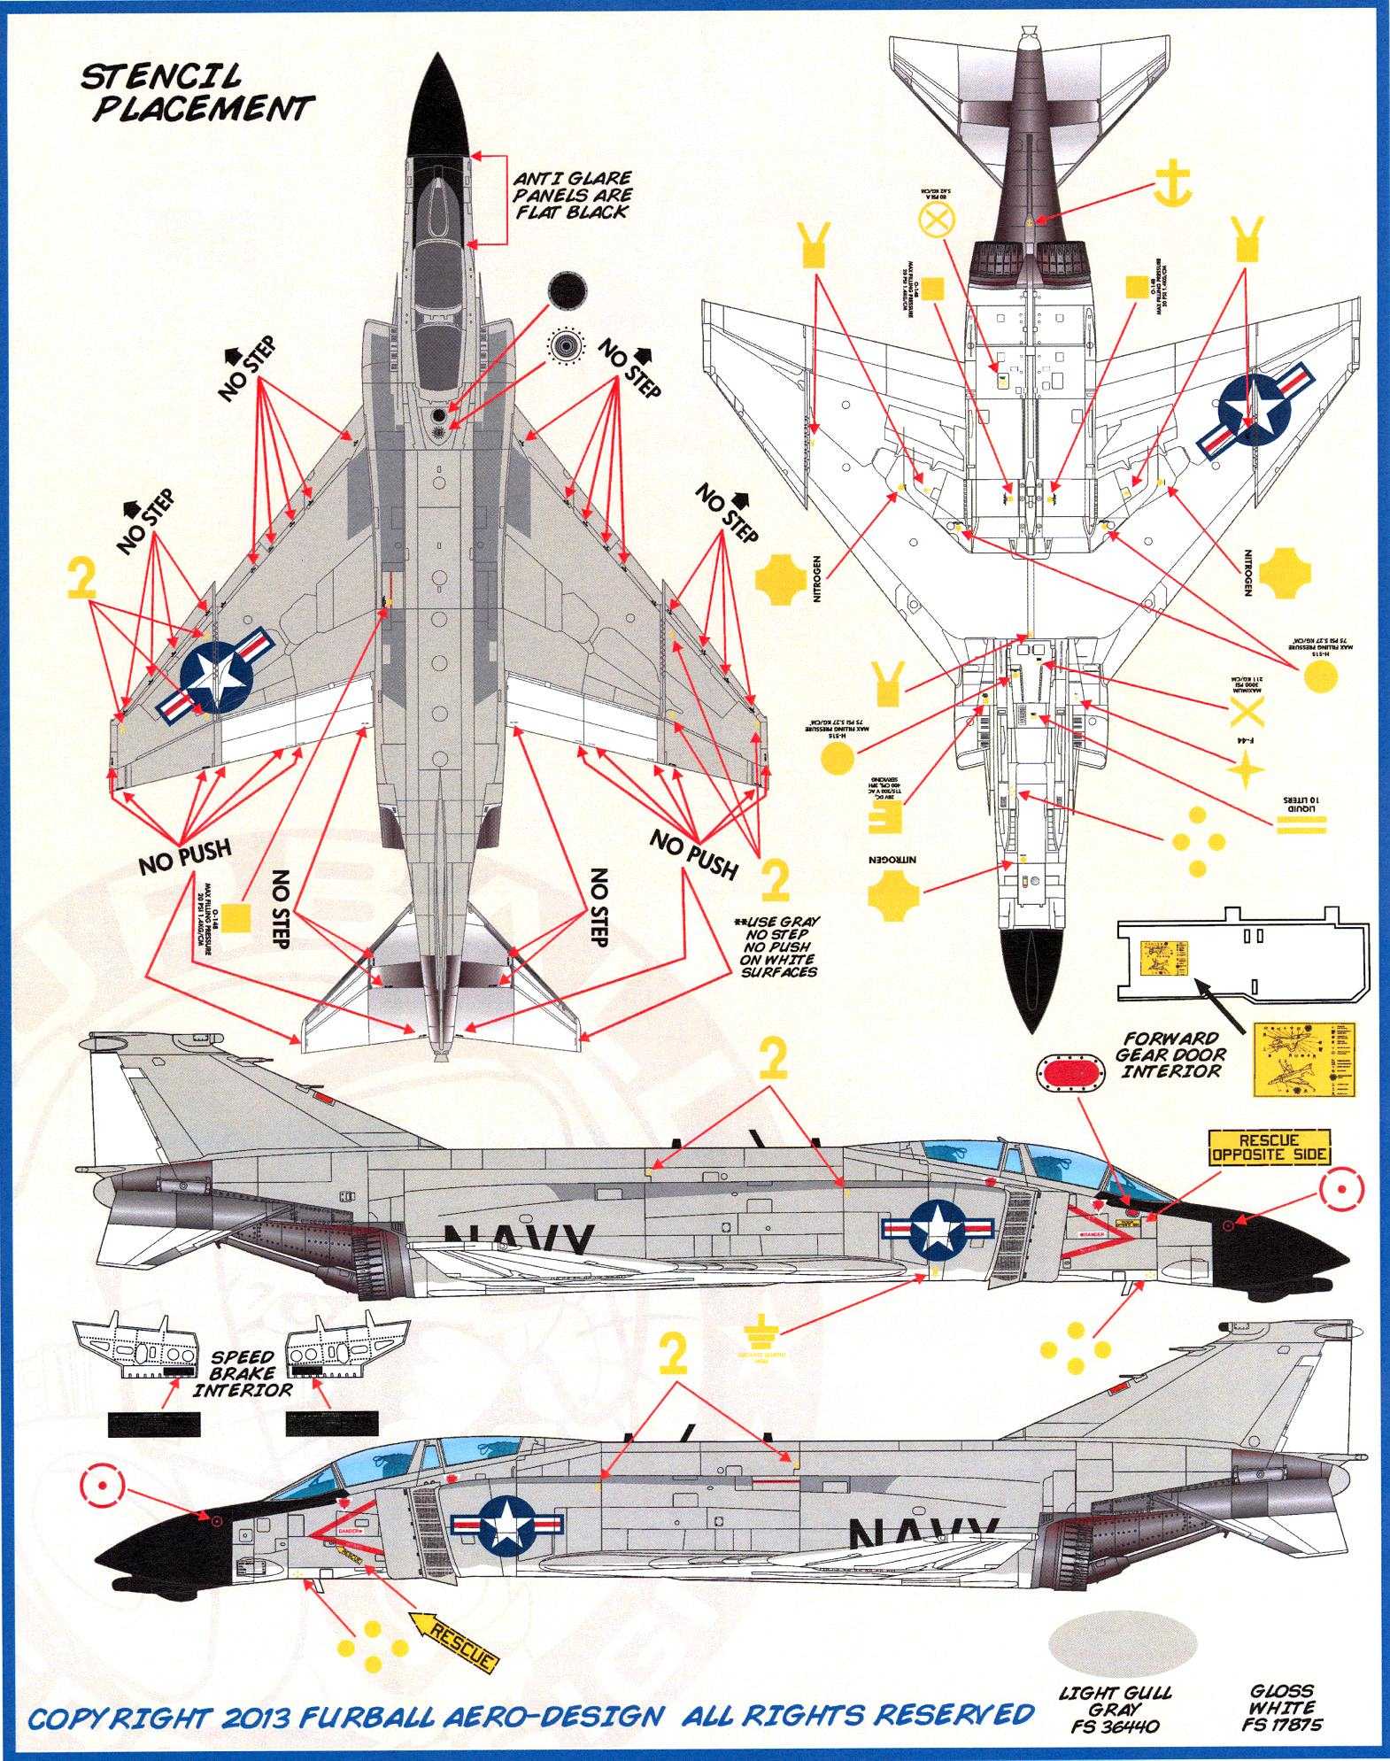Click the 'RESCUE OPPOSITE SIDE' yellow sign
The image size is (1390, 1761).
tap(1269, 1147)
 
